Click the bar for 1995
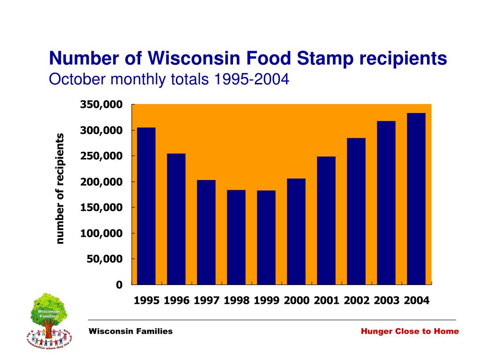click(x=146, y=206)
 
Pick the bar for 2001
click(x=326, y=220)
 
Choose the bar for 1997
click(x=206, y=232)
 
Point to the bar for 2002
click(x=356, y=211)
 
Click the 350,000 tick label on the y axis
click(x=101, y=104)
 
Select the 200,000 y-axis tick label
click(x=101, y=181)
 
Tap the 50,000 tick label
click(x=104, y=259)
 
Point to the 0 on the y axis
click(x=119, y=285)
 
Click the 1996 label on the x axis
click(x=176, y=301)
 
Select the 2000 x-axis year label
click(x=296, y=301)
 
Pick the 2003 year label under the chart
click(x=386, y=301)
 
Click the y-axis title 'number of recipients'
click(x=60, y=188)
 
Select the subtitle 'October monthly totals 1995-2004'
click(x=169, y=80)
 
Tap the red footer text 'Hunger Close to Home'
click(x=410, y=331)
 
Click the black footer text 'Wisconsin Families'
click(x=131, y=331)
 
